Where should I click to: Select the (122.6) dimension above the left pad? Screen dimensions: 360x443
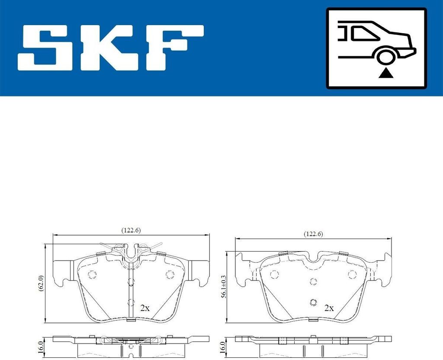131,231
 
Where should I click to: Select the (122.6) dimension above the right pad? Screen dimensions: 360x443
313,234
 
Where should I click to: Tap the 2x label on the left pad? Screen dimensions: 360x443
145,308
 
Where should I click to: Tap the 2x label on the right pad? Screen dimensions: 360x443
329,308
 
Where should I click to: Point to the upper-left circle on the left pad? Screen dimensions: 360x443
91,274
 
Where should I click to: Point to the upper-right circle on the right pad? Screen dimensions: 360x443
352,274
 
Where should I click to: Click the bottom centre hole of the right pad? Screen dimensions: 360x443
313,302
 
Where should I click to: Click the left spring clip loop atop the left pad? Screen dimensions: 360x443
119,248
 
